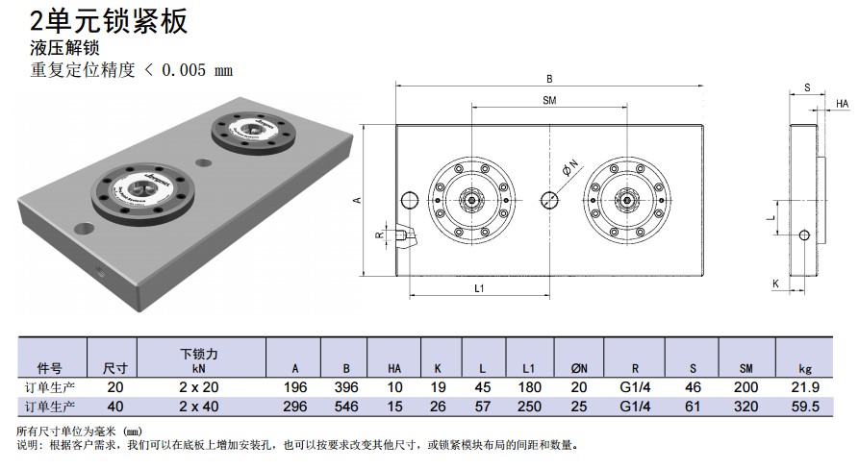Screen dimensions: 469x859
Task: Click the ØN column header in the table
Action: tap(579, 368)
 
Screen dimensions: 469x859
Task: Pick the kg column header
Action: tap(806, 368)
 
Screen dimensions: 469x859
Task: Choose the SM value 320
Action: tap(745, 407)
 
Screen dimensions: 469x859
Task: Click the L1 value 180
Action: tap(528, 386)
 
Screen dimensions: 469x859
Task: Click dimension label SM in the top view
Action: tap(549, 100)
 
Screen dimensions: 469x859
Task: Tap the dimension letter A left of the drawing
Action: tap(357, 200)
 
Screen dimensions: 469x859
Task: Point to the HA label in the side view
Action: tap(842, 104)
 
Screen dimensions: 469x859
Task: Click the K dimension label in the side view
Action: tap(775, 284)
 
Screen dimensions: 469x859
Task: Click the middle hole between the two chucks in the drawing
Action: tap(549, 199)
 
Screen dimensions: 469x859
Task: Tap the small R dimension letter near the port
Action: tap(379, 234)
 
